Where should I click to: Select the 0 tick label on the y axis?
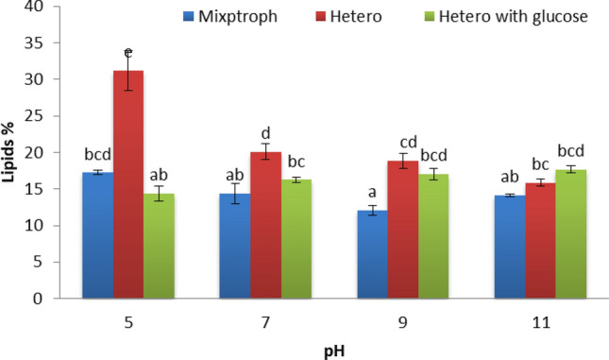click(40, 300)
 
